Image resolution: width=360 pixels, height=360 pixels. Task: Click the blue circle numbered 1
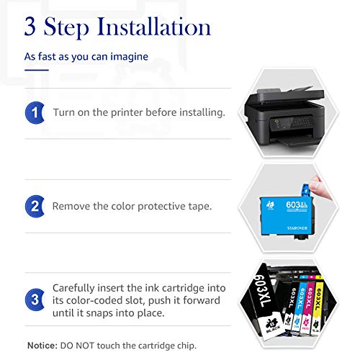[34, 113]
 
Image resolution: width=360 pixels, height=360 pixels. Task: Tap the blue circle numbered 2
[34, 206]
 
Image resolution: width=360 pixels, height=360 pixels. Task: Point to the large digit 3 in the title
[33, 27]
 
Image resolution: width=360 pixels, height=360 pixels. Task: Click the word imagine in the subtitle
[127, 55]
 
